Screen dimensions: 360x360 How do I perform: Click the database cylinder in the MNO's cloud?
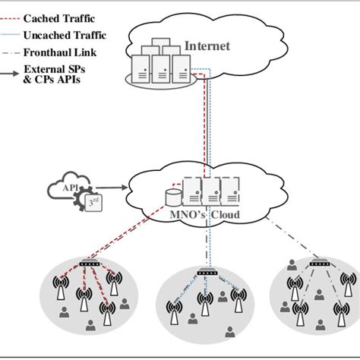coord(172,198)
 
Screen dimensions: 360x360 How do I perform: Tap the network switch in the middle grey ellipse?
coord(204,272)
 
